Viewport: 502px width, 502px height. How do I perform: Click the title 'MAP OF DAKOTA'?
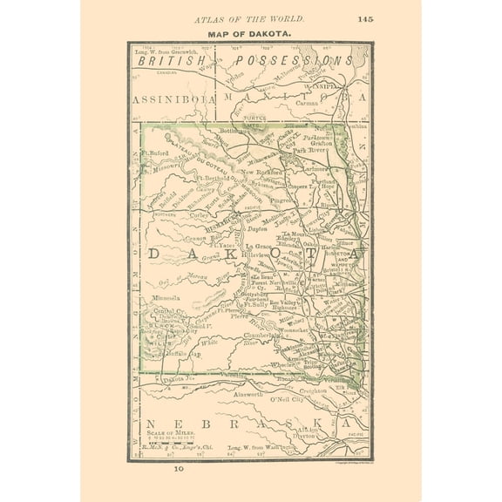point(249,34)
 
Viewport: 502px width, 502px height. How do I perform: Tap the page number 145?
point(365,17)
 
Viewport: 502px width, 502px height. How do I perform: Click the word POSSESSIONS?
point(301,61)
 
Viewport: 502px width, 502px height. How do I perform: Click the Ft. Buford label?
point(154,153)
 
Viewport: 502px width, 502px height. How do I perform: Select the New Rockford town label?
point(264,173)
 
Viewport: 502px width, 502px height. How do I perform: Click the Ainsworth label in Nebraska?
point(234,393)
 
